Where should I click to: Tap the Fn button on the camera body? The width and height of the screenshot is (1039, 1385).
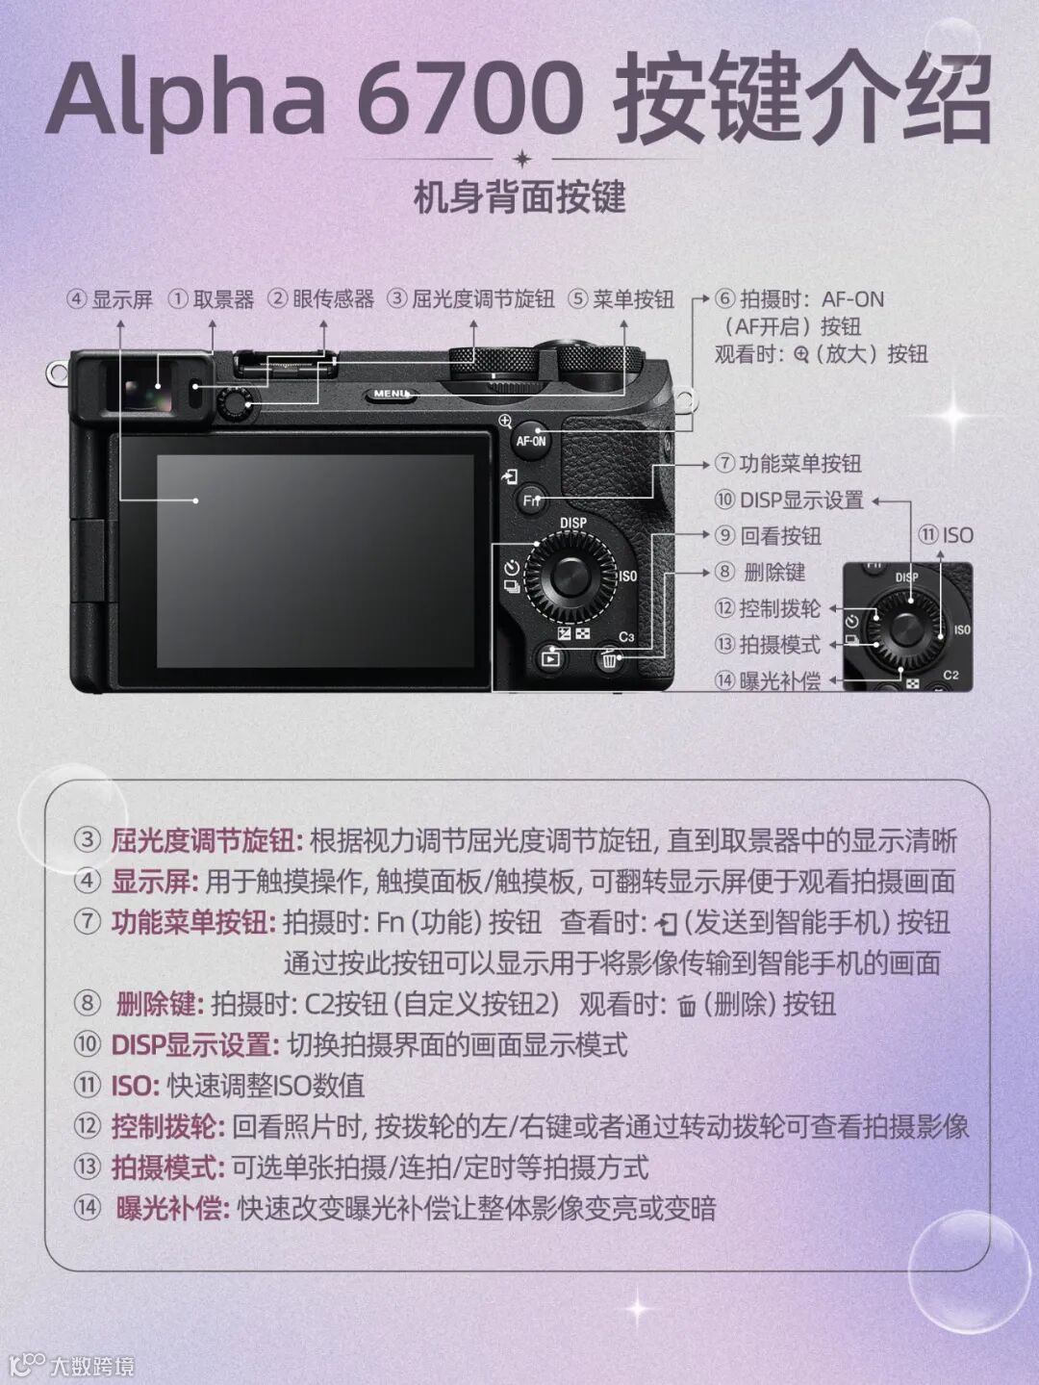(531, 500)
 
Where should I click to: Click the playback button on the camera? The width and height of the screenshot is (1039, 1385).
(551, 658)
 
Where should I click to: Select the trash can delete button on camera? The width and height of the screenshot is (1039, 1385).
(609, 659)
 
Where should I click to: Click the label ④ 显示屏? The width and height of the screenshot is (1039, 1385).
(110, 299)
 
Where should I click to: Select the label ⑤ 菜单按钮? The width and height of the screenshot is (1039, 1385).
(621, 299)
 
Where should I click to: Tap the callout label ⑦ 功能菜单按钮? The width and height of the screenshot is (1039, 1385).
(788, 465)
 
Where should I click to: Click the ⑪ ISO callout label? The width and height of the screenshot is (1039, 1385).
(945, 536)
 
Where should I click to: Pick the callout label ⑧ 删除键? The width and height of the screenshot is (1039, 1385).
(760, 573)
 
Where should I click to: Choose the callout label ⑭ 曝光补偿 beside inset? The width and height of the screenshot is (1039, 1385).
(768, 680)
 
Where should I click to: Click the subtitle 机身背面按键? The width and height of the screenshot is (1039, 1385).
(519, 197)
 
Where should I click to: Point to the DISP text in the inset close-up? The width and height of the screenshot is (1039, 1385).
(906, 577)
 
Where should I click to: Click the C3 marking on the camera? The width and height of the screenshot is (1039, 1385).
(626, 636)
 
